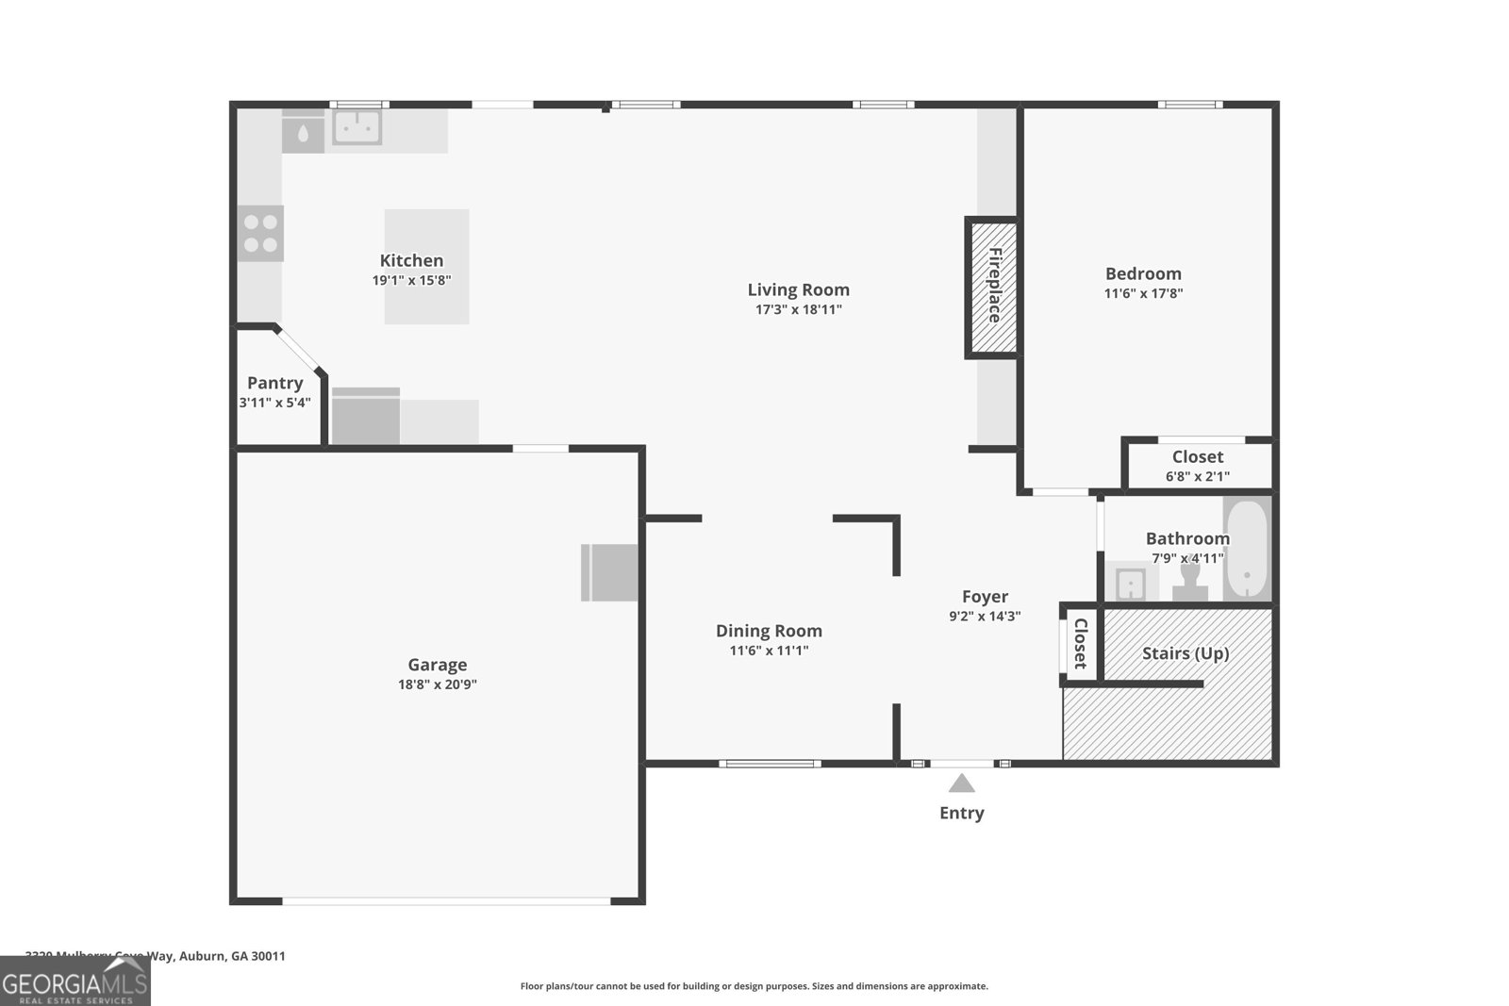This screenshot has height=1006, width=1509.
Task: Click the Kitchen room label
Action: (x=411, y=261)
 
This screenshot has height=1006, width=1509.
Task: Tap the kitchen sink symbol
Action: (x=357, y=127)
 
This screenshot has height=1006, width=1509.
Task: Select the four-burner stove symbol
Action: (x=260, y=234)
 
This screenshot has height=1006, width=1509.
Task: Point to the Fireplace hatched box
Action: (x=992, y=287)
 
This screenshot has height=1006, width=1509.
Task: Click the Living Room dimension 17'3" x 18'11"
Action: (x=798, y=309)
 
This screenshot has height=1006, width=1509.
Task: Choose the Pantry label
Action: (x=274, y=383)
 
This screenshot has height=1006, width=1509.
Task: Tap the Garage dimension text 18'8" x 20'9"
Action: (x=437, y=684)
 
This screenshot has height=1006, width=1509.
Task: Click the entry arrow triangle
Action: (x=961, y=783)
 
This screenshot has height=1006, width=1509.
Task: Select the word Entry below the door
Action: (x=961, y=813)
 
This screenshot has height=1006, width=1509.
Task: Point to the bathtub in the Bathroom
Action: (x=1247, y=550)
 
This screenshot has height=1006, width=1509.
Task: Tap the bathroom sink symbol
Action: (x=1130, y=584)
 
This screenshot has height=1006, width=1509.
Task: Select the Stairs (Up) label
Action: (x=1186, y=653)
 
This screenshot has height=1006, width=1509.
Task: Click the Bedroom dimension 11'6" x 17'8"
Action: (x=1143, y=293)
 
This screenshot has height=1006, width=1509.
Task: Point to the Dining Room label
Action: (x=769, y=631)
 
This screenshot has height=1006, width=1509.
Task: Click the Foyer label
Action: (x=985, y=597)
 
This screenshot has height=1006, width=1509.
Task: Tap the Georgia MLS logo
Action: (x=75, y=983)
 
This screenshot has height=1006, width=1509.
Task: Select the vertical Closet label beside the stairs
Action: (x=1081, y=643)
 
